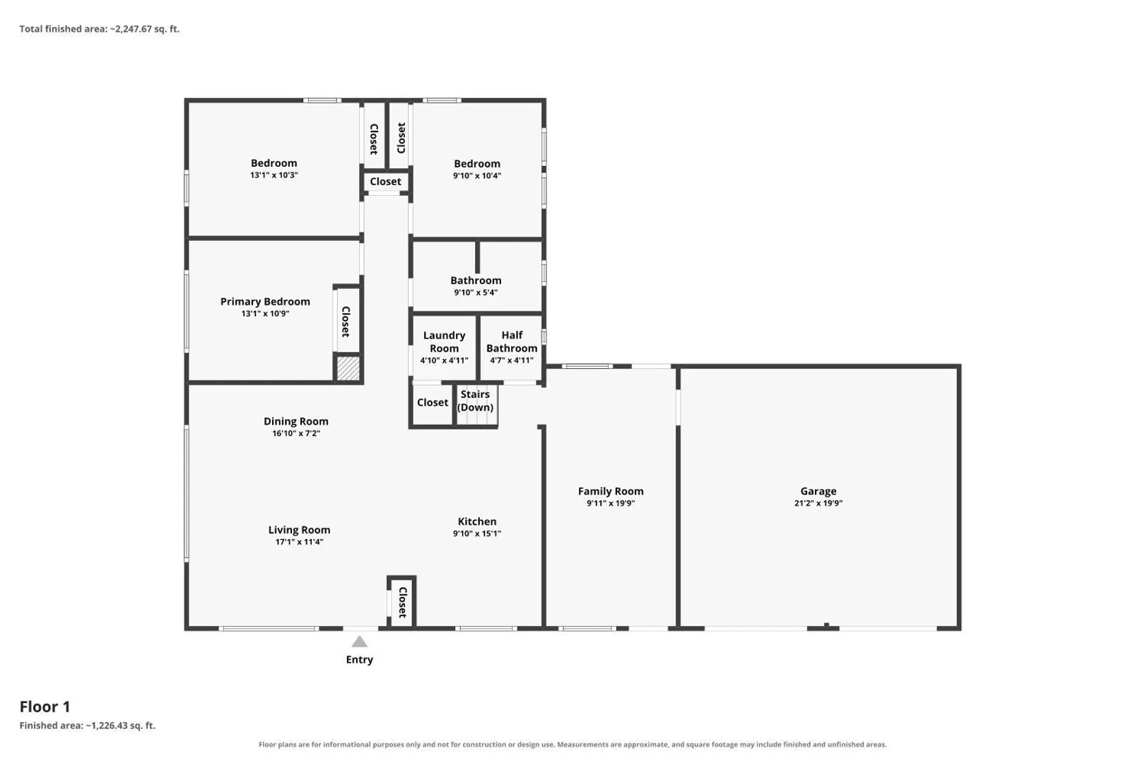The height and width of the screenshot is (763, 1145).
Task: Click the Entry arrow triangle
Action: [x=359, y=641]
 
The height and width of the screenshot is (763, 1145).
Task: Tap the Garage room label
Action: [x=818, y=491]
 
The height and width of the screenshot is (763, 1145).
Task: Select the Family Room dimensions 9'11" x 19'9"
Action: [x=611, y=504]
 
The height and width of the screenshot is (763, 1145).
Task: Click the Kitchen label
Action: [x=477, y=522]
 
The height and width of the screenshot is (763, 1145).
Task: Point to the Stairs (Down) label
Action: [x=475, y=401]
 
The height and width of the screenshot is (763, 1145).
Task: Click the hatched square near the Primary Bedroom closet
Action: [x=348, y=368]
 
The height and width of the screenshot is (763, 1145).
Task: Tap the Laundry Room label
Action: [x=444, y=342]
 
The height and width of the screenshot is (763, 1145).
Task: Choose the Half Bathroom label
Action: [x=512, y=342]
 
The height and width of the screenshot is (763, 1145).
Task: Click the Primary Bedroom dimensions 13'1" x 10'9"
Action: [x=265, y=314]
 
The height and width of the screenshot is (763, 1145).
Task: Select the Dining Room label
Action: [x=296, y=422]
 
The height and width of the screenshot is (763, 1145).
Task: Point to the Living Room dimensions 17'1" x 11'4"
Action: [x=299, y=543]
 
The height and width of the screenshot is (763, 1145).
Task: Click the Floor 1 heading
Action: [x=45, y=706]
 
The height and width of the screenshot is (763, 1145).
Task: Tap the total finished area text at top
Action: [x=100, y=29]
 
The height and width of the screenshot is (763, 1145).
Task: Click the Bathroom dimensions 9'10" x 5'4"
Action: [x=476, y=292]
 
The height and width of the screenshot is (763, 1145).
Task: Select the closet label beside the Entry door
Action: [x=403, y=603]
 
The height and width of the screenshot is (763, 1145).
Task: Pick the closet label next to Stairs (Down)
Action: [x=433, y=403]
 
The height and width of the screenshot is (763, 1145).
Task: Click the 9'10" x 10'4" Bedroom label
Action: [x=477, y=164]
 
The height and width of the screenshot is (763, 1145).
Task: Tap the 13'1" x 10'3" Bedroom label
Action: [x=274, y=163]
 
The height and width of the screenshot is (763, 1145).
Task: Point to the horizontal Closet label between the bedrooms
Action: [x=385, y=182]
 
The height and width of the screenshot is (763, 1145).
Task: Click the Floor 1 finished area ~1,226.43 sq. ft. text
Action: [x=88, y=726]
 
